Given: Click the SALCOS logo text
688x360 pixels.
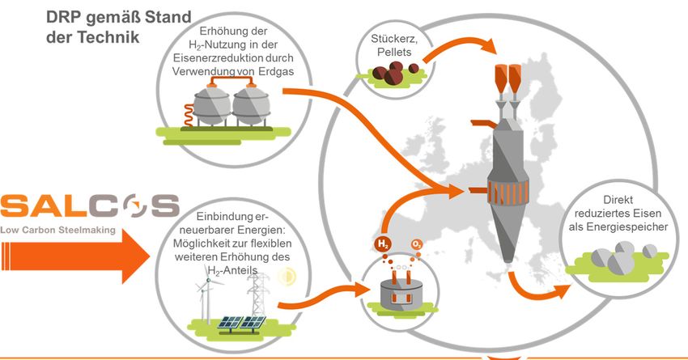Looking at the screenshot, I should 89,206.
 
